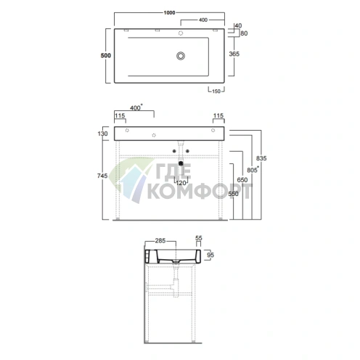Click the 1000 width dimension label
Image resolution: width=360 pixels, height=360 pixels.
169,12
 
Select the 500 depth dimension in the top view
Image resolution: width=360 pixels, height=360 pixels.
106,55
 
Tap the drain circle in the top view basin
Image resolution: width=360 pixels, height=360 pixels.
181,56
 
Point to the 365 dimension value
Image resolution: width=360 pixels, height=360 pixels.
234,54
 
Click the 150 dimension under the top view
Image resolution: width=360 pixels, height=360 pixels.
216,91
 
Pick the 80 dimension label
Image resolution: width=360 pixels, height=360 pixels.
244,33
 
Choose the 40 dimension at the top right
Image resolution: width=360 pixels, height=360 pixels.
238,25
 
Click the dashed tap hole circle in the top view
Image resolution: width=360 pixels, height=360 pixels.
181,33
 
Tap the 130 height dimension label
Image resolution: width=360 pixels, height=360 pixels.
102,134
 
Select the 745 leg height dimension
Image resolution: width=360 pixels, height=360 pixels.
102,176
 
